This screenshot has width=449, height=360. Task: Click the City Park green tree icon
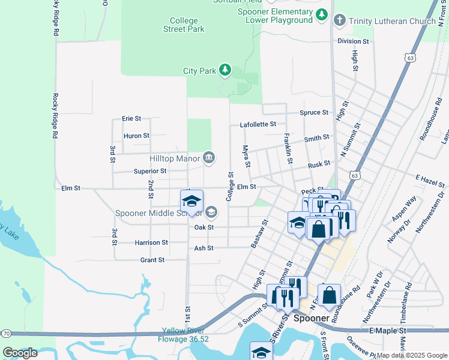(x=225, y=71)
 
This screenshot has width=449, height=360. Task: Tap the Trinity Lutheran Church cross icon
(x=339, y=22)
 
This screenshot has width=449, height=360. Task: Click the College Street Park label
(x=183, y=25)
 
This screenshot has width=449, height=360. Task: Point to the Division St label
(x=353, y=41)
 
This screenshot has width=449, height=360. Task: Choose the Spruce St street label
(x=315, y=112)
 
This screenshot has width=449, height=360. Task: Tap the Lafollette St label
(x=258, y=124)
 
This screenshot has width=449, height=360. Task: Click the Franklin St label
(x=288, y=148)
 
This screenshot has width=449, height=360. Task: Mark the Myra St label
(x=246, y=156)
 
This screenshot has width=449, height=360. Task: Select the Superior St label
(x=150, y=171)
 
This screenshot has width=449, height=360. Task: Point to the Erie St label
(x=131, y=119)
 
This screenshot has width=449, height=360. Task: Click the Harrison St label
(x=151, y=242)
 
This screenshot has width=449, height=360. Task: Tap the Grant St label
(x=152, y=260)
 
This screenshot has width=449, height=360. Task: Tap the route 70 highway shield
(x=5, y=332)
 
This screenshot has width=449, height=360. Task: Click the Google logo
(x=20, y=353)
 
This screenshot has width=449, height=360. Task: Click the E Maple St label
(x=387, y=331)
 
